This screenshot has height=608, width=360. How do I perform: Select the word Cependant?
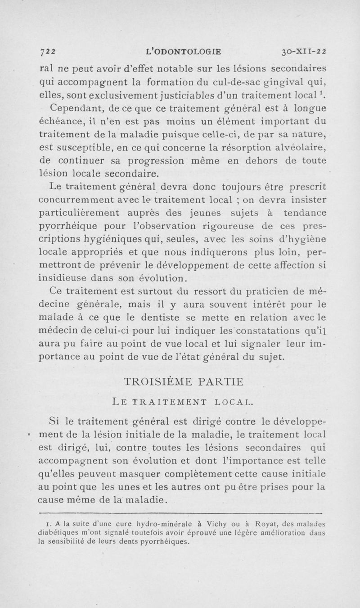tap(75, 108)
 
